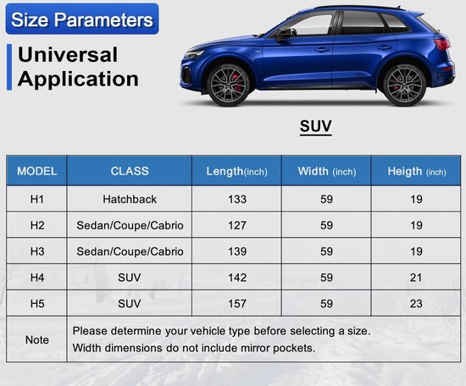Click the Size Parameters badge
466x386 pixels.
point(82,19)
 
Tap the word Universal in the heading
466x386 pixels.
point(68,55)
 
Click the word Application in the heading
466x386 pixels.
point(78,80)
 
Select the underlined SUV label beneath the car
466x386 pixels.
point(316,126)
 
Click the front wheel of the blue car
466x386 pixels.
point(228,85)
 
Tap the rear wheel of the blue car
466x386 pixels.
point(404,85)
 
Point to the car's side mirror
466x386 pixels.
point(286,34)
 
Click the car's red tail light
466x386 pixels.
point(442,44)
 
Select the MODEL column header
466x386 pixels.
point(36,171)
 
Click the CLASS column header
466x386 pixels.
point(130,171)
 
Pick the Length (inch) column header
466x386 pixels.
point(237,172)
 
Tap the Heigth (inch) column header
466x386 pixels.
point(417,172)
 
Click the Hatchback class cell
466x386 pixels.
point(130,199)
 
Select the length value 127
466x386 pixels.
point(237,225)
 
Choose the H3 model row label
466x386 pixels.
point(37,251)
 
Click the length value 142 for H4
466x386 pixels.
point(237,278)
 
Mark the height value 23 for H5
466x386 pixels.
point(416,304)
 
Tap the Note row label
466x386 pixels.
point(36,340)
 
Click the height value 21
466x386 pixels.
point(416,278)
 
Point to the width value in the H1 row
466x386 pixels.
point(326,199)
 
